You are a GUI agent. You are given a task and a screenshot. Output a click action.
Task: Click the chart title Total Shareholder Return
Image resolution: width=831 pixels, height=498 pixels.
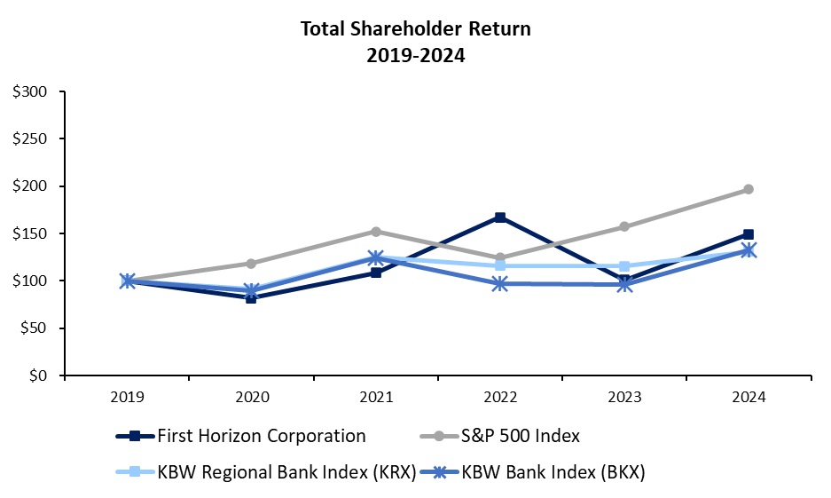tap(415, 28)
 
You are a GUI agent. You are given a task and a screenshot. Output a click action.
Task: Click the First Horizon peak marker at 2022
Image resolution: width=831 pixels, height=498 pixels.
tap(500, 217)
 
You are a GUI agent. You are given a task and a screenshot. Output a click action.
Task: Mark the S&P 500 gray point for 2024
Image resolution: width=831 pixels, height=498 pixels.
tap(749, 189)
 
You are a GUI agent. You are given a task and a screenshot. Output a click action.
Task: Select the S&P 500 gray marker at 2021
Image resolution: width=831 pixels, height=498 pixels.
tap(376, 232)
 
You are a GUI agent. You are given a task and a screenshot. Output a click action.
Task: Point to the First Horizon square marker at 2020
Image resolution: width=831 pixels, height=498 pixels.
tap(251, 298)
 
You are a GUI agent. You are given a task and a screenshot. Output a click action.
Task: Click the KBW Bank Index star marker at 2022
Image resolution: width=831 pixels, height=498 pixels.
tap(500, 284)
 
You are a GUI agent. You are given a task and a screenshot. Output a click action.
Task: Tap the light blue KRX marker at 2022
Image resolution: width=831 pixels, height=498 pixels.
tap(500, 265)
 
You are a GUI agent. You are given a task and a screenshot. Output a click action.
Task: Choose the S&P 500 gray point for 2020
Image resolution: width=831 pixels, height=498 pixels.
tap(251, 264)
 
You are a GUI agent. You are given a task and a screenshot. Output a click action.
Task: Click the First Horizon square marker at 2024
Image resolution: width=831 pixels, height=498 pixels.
tap(749, 235)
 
